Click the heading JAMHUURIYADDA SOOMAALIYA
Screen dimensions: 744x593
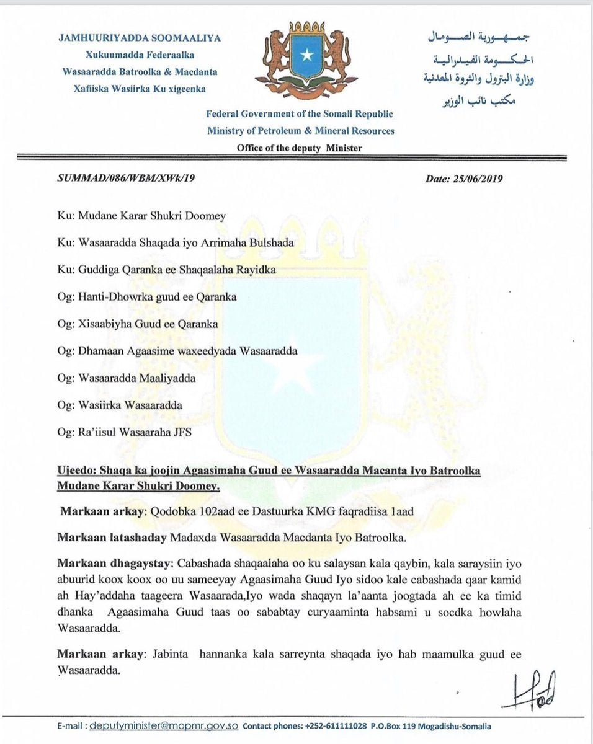pyautogui.click(x=140, y=38)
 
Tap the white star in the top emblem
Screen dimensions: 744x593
pyautogui.click(x=306, y=55)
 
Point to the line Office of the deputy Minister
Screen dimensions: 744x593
pyautogui.click(x=300, y=148)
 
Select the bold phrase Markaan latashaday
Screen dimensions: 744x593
pyautogui.click(x=112, y=538)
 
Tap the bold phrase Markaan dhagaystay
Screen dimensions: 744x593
pyautogui.click(x=115, y=564)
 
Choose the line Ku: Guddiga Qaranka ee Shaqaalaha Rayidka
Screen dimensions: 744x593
pyautogui.click(x=158, y=270)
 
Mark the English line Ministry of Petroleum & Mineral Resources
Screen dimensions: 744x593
pyautogui.click(x=301, y=131)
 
